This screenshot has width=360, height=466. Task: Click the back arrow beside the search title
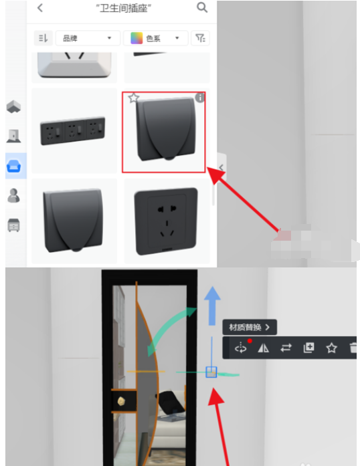(x=40, y=8)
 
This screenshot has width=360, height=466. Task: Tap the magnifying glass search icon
(x=202, y=7)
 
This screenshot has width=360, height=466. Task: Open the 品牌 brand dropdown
(x=88, y=38)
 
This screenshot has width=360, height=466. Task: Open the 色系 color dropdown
(x=156, y=38)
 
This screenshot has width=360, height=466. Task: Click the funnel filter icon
(x=200, y=38)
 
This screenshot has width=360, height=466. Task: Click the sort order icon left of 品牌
(x=43, y=38)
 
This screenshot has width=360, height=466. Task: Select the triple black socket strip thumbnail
(x=73, y=130)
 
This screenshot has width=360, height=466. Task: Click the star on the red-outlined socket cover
(x=134, y=98)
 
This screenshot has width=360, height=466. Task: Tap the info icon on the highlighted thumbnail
(x=200, y=98)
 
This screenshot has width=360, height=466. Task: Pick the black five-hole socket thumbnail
(x=166, y=221)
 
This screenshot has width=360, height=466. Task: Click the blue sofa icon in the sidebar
(x=13, y=166)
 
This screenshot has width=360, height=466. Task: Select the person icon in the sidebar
(x=13, y=195)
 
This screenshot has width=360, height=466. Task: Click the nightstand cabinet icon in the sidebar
(x=13, y=225)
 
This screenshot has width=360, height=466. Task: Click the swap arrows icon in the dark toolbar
(x=286, y=348)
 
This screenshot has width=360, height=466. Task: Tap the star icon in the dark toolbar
(x=331, y=348)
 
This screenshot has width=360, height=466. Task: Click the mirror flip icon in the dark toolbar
(x=263, y=348)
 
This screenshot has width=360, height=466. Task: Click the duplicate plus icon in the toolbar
(x=308, y=348)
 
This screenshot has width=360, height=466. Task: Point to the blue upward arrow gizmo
(x=212, y=306)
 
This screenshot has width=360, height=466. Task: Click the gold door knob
(x=121, y=401)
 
